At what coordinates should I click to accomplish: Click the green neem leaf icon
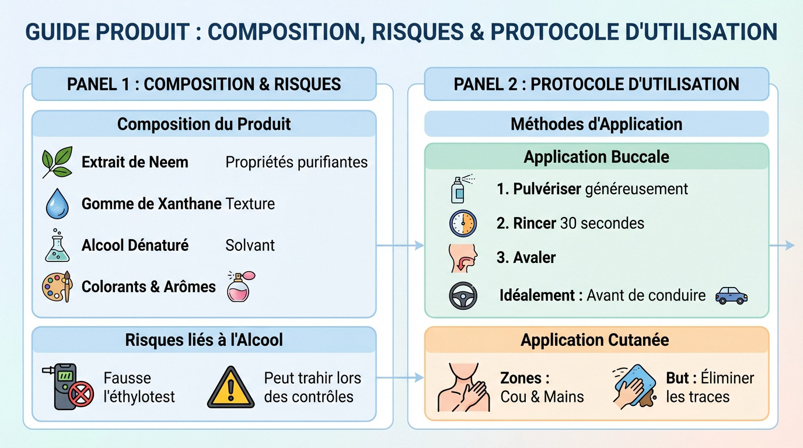click(57, 162)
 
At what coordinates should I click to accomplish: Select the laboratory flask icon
click(57, 245)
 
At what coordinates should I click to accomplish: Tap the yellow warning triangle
click(232, 387)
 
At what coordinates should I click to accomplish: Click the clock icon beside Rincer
click(463, 223)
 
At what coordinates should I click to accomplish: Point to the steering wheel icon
click(463, 295)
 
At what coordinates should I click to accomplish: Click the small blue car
click(731, 295)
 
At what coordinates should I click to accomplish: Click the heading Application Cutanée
click(595, 340)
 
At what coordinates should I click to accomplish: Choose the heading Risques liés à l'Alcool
click(204, 340)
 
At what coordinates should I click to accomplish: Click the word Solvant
click(250, 245)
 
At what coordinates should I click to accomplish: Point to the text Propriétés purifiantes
click(296, 162)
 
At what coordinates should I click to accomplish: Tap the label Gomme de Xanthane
click(151, 204)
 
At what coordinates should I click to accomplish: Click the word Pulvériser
click(547, 189)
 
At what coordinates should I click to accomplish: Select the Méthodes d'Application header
click(596, 124)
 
